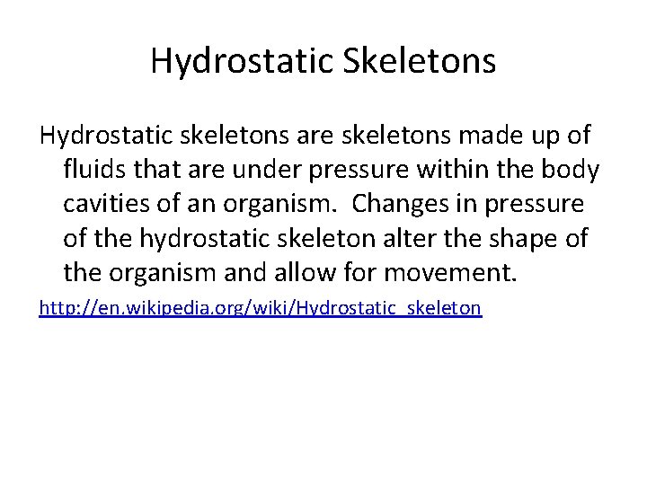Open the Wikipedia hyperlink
point(261,308)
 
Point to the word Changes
point(408,204)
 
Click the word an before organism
point(208,204)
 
